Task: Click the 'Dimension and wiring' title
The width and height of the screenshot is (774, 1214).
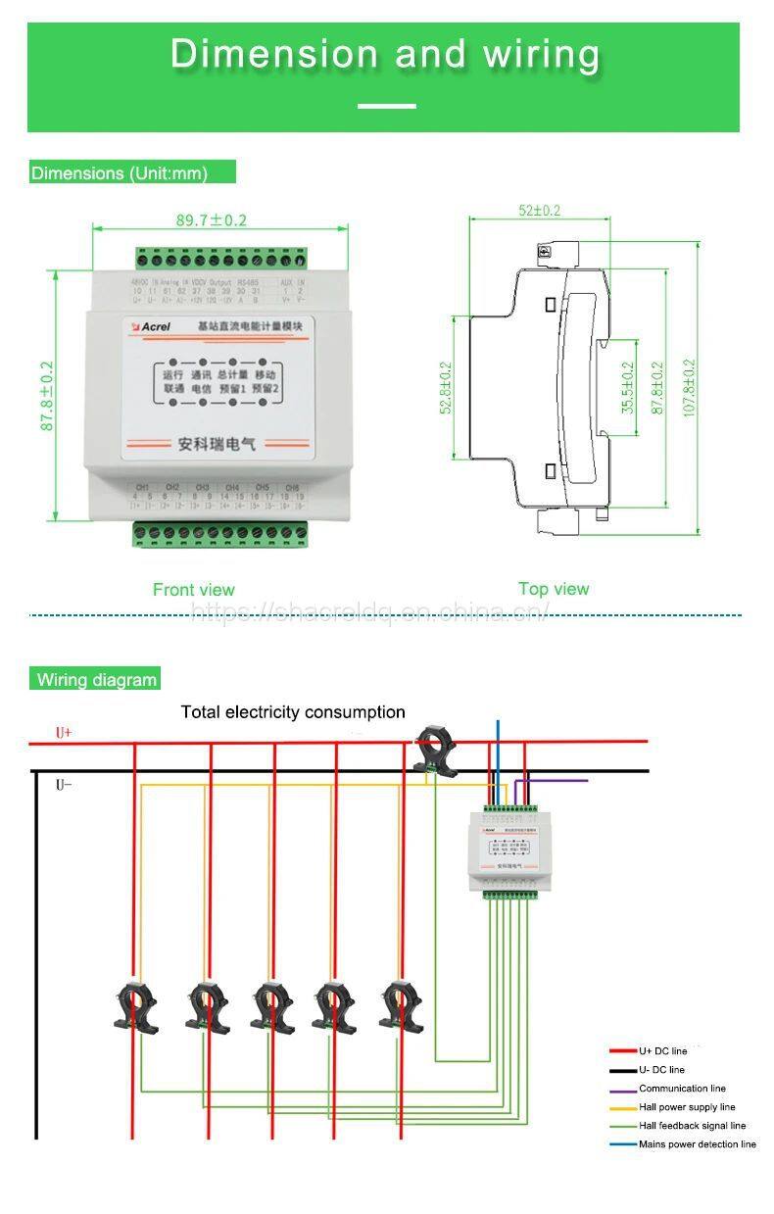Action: (385, 54)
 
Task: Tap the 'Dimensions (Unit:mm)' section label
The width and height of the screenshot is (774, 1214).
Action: (120, 173)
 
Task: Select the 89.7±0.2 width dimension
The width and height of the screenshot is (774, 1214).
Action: (212, 220)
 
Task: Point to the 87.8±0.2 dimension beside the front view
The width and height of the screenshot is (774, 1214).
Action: (47, 396)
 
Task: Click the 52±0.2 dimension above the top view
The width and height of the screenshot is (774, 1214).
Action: (539, 211)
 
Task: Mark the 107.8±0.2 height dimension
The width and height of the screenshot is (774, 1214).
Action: (688, 388)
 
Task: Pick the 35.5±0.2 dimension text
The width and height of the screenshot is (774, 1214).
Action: (628, 388)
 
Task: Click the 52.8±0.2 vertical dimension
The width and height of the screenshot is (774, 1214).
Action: (447, 388)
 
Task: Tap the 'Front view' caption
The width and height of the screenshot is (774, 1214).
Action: (194, 589)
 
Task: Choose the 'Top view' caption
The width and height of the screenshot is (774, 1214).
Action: (554, 588)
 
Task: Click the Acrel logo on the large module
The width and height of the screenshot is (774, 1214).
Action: (152, 325)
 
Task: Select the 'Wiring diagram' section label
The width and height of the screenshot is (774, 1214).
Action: (96, 679)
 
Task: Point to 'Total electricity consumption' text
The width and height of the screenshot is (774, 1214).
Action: (293, 712)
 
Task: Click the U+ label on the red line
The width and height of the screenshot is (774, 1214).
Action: (64, 733)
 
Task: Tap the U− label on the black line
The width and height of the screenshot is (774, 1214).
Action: (64, 785)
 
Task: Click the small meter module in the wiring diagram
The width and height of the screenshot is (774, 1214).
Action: (510, 848)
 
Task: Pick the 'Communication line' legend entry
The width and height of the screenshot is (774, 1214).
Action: (682, 1088)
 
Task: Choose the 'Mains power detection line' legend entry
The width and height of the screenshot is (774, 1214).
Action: (697, 1143)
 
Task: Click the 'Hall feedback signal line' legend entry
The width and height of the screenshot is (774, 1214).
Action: (692, 1125)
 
